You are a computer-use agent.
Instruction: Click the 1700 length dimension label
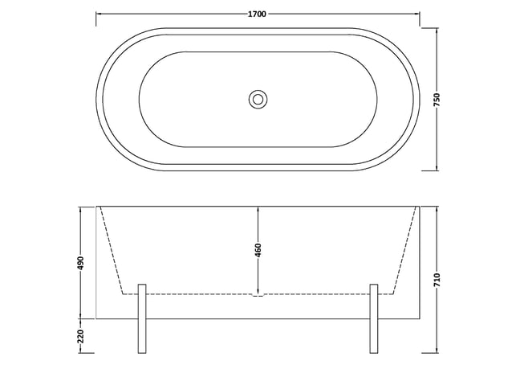pyautogui.click(x=257, y=14)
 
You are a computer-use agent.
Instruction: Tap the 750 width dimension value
pyautogui.click(x=437, y=100)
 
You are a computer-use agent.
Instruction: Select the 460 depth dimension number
pyautogui.click(x=258, y=250)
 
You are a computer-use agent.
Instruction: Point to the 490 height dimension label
pyautogui.click(x=81, y=263)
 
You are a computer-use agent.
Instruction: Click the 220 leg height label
pyautogui.click(x=81, y=336)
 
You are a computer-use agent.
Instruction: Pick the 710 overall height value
pyautogui.click(x=437, y=280)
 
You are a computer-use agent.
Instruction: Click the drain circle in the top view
pyautogui.click(x=258, y=99)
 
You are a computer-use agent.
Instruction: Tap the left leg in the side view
pyautogui.click(x=142, y=318)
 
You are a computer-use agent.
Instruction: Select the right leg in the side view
pyautogui.click(x=374, y=318)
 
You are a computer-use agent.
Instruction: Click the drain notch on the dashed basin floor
pyautogui.click(x=258, y=295)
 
